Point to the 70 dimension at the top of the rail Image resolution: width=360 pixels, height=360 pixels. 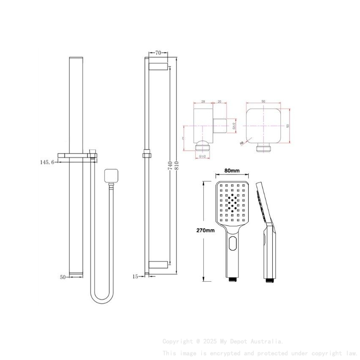(158, 53)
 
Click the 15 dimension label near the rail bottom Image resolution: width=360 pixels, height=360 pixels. (136, 277)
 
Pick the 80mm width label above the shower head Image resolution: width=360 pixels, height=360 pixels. (232, 171)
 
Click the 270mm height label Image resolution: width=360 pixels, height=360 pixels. (205, 230)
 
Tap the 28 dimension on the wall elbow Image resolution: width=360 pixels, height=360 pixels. (203, 102)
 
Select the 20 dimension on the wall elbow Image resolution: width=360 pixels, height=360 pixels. (219, 102)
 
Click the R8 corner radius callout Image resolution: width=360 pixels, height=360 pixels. (242, 143)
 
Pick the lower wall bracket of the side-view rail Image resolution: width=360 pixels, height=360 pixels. (158, 266)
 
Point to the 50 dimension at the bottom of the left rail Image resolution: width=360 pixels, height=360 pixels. (63, 277)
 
